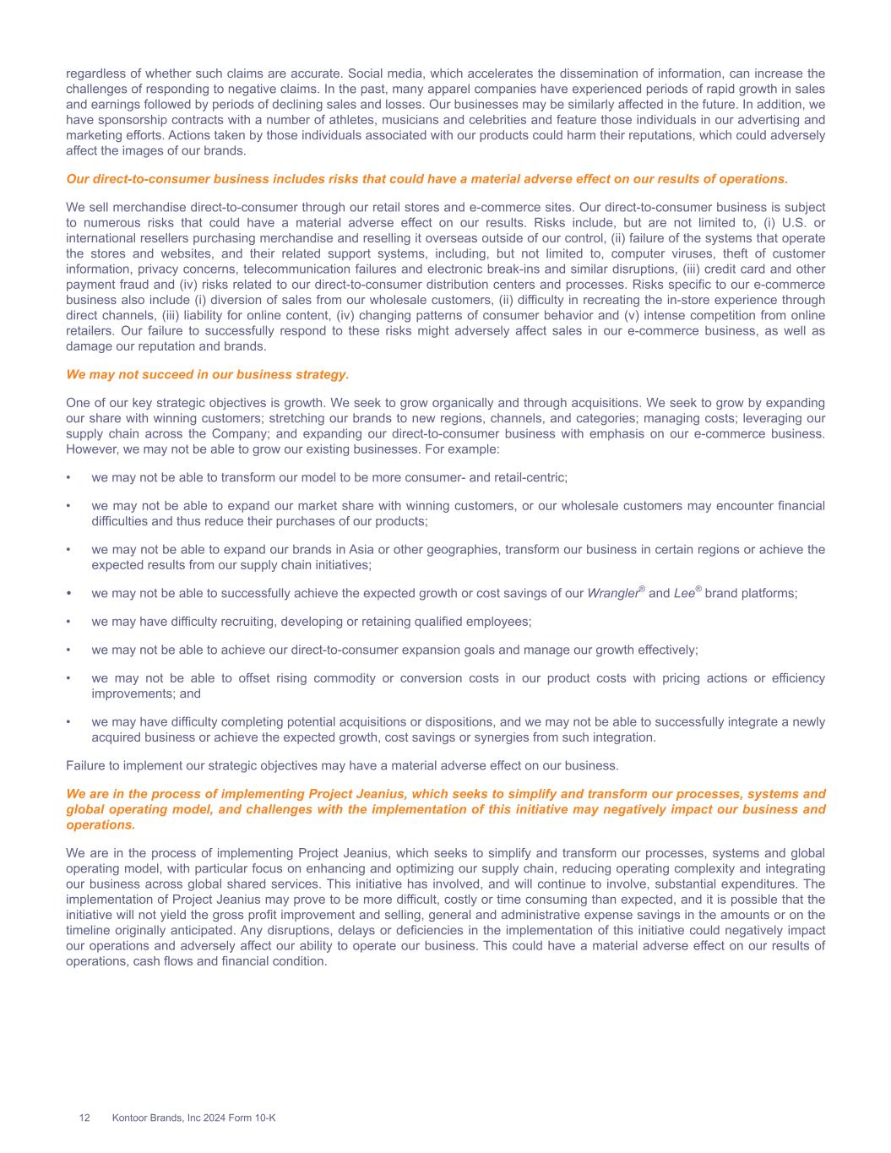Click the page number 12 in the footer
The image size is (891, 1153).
click(x=84, y=1118)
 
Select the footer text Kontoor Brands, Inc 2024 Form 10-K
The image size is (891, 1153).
click(x=193, y=1118)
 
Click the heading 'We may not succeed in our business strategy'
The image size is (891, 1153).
click(x=207, y=374)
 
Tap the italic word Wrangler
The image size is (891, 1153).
click(x=612, y=594)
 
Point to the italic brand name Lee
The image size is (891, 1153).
click(x=684, y=594)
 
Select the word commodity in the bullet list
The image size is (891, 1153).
click(x=345, y=678)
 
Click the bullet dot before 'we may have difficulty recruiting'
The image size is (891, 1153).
click(x=68, y=622)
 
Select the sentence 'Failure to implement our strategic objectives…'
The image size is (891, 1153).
click(x=342, y=766)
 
